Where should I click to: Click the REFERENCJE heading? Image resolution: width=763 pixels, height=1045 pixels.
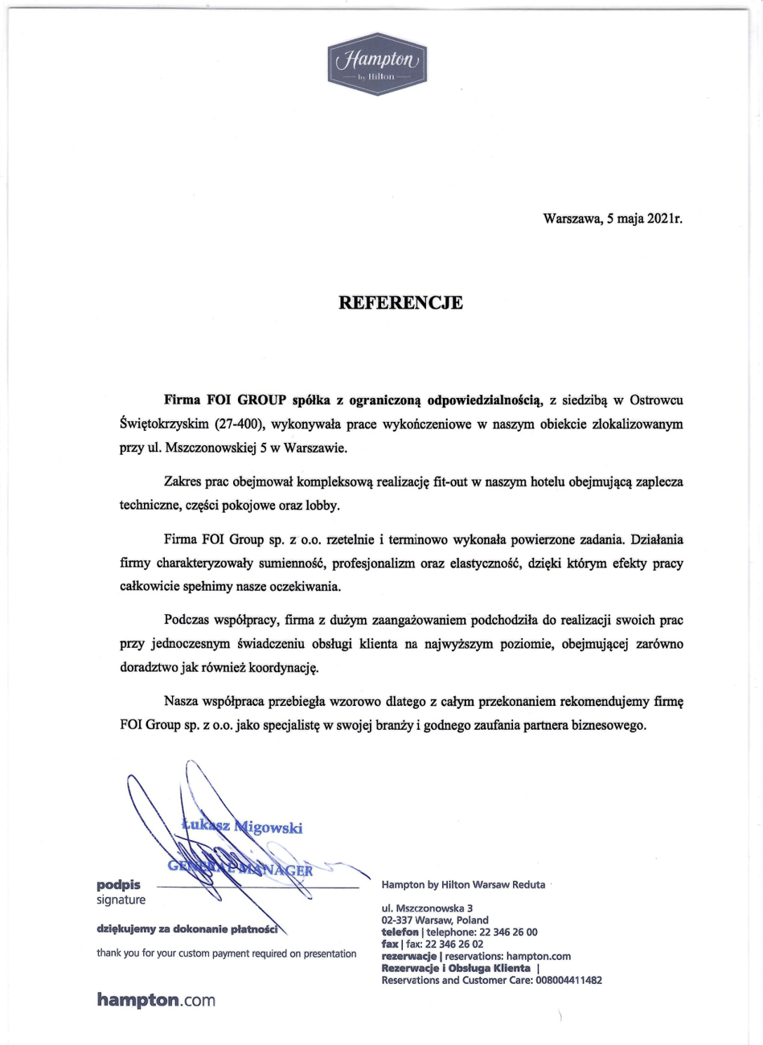(x=400, y=303)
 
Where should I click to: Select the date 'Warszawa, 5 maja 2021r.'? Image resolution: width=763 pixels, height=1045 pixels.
(x=613, y=218)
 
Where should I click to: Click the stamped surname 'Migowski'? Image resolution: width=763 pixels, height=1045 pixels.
(x=268, y=828)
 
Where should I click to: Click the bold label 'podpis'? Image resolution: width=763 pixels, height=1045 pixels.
(x=118, y=885)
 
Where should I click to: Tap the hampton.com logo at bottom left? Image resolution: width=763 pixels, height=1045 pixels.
(x=156, y=999)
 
